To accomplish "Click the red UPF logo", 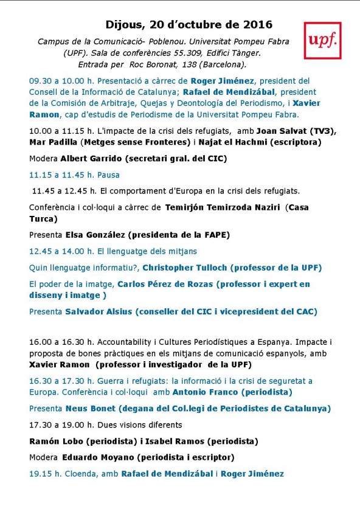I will coord(322,41).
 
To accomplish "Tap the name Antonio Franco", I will coord(201,392).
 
